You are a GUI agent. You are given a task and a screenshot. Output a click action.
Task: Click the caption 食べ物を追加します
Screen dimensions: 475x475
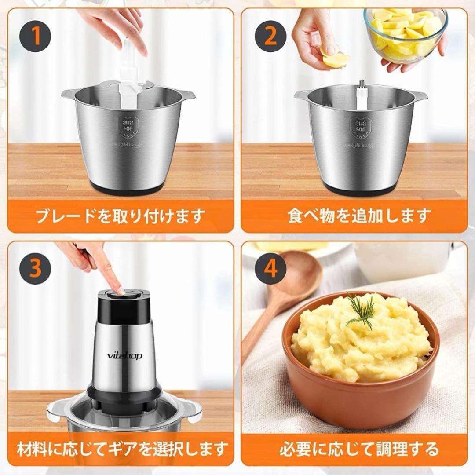click(x=359, y=216)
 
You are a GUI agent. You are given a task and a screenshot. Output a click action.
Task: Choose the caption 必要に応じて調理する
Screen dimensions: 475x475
click(x=359, y=449)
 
